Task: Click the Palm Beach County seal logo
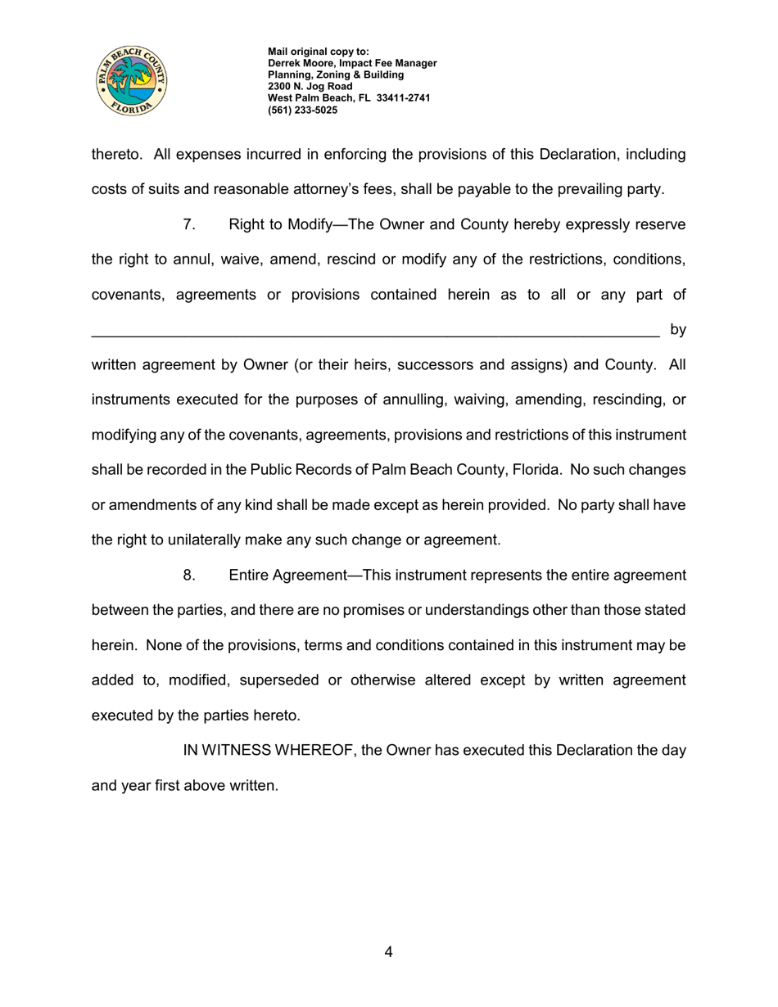click(132, 80)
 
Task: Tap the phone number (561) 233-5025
click(302, 110)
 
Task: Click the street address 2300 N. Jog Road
click(310, 86)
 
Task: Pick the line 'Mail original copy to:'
click(319, 52)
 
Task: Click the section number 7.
click(189, 224)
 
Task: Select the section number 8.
click(189, 575)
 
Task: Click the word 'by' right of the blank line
click(678, 329)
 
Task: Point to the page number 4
click(388, 951)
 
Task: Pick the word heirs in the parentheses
click(377, 364)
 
